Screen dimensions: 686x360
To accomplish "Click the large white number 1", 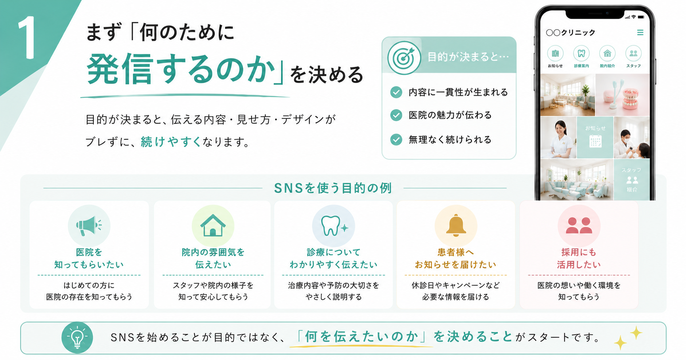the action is [27, 38].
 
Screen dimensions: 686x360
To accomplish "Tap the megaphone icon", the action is [88, 226].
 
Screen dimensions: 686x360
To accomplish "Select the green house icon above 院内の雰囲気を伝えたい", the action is [213, 225].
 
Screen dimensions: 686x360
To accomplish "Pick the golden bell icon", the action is [456, 225].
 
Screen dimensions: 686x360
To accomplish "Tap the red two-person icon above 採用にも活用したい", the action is [579, 225].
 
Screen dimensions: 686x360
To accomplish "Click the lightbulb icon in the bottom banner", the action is [77, 337].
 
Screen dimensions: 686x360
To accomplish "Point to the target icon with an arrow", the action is [404, 58].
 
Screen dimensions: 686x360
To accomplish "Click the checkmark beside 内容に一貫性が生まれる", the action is [396, 92].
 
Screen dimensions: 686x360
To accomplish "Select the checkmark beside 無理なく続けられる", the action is [396, 139].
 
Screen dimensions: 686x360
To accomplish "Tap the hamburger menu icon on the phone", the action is [640, 32].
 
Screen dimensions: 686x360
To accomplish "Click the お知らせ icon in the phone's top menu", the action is [555, 53].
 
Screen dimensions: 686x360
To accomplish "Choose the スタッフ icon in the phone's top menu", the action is [633, 53].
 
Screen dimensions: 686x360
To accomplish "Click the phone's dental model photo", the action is [623, 95].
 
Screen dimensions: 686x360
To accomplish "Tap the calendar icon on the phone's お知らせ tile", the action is [595, 141].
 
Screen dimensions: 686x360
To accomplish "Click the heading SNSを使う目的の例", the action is [333, 188].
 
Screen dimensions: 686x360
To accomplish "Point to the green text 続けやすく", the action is [171, 142].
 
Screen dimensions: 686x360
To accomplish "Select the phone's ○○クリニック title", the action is [571, 32].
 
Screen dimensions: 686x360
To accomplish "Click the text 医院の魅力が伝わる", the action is [450, 115].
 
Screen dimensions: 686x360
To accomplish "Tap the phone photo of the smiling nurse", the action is [558, 137].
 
